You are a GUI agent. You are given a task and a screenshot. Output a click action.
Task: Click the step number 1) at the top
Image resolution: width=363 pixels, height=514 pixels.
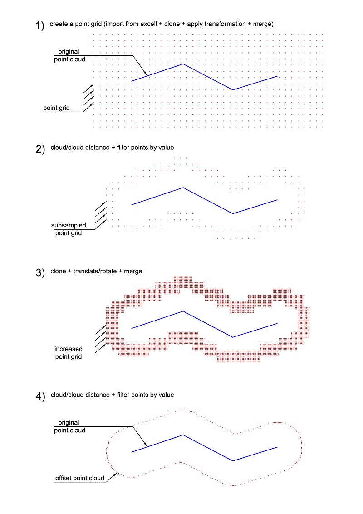click(x=40, y=26)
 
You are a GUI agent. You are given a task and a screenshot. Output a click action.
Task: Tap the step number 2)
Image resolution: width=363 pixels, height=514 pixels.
click(x=40, y=149)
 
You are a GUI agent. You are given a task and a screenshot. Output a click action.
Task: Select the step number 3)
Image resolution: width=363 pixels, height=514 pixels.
click(x=40, y=273)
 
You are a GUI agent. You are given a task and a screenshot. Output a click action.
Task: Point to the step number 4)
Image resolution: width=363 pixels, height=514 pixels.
click(x=40, y=397)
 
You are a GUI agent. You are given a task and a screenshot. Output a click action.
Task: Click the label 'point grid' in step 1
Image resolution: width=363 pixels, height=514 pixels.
click(x=56, y=108)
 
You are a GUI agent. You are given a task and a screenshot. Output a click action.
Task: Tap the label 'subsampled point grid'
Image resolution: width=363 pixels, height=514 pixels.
click(x=68, y=229)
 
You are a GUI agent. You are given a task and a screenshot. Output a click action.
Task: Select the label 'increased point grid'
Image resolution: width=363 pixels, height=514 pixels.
click(x=69, y=353)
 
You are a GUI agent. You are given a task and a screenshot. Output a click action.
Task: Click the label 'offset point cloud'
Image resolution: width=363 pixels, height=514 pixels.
click(x=79, y=478)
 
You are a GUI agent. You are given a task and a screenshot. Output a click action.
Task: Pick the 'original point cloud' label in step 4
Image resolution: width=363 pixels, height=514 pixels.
click(x=69, y=426)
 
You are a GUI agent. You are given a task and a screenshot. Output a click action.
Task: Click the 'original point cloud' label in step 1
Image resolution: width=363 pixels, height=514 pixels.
click(x=69, y=55)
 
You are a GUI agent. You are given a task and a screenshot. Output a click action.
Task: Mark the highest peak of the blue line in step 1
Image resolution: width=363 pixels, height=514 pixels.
click(x=183, y=64)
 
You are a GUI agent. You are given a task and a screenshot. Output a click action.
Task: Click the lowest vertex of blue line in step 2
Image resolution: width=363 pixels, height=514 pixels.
click(x=233, y=213)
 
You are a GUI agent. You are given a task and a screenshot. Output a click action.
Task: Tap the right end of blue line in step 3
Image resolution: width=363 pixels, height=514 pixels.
click(x=277, y=323)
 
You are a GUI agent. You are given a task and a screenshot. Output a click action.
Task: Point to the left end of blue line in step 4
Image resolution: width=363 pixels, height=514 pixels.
click(x=132, y=452)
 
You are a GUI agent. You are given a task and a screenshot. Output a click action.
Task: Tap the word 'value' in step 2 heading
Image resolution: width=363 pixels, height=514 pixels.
click(x=166, y=148)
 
